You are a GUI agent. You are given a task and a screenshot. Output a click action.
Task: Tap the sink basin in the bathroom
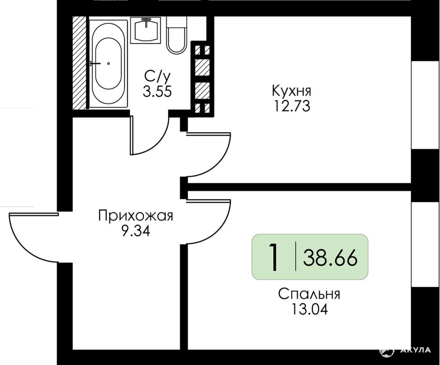[146, 30]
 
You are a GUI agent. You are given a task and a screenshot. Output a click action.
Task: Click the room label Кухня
[292, 91]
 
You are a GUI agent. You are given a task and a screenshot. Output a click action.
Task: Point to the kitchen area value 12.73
[292, 106]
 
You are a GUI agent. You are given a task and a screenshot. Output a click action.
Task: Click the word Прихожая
[136, 217]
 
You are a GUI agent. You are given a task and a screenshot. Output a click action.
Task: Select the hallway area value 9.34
[136, 231]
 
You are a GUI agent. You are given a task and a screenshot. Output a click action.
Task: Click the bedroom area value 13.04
[310, 310]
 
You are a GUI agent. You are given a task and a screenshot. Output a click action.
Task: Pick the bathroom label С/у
[157, 76]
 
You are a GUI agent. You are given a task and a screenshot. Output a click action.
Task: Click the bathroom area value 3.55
[157, 91]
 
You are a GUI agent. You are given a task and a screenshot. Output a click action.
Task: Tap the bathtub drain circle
[108, 64]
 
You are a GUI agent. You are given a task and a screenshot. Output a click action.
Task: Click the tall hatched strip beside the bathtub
[79, 63]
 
